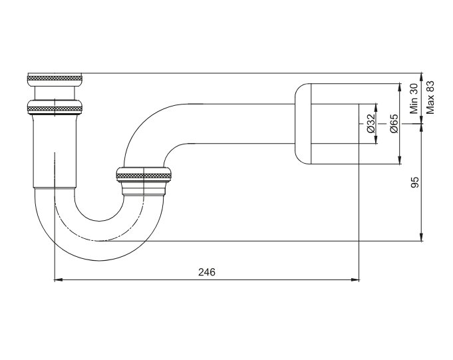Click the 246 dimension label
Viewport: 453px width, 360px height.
click(207, 272)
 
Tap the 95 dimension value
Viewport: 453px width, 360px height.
click(414, 182)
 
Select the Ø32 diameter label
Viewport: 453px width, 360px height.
click(371, 124)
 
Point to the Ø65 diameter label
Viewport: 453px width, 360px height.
click(394, 124)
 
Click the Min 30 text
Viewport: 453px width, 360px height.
click(414, 98)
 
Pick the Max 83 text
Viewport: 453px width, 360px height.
click(430, 97)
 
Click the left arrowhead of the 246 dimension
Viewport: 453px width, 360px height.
click(59, 279)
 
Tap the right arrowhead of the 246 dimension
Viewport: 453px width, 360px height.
click(355, 279)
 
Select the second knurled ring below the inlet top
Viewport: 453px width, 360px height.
click(55, 107)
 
